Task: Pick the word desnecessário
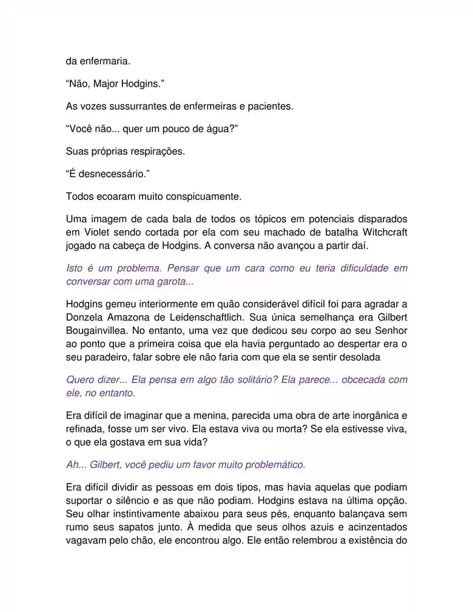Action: pos(110,175)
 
